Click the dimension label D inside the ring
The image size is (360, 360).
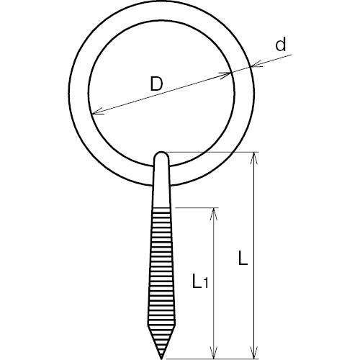156,84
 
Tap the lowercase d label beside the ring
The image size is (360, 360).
281,45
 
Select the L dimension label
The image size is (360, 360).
243,258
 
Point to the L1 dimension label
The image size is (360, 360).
200,281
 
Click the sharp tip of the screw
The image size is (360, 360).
161,359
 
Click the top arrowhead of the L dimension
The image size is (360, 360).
254,159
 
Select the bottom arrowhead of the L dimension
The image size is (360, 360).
254,352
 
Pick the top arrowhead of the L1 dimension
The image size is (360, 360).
214,214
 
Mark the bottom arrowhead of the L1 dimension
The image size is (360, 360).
214,352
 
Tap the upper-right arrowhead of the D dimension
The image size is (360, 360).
225,74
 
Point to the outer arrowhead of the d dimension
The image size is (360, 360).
257,64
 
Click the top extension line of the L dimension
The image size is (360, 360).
214,152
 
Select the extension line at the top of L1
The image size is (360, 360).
197,207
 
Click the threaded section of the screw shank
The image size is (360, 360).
161,276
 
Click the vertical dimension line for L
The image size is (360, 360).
254,256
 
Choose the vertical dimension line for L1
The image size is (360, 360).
214,284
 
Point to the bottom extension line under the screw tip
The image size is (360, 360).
212,359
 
